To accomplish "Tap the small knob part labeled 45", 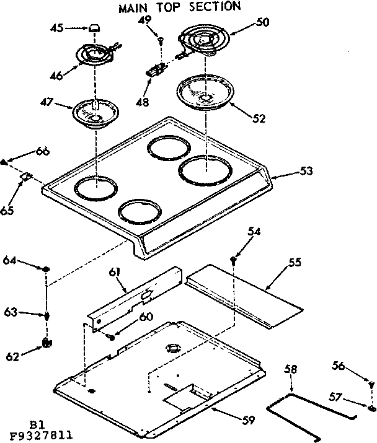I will tap(95, 28).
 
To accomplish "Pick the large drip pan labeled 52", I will tap(203, 93).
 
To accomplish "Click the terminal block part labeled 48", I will tap(155, 70).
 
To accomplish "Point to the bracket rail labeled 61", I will tap(133, 300).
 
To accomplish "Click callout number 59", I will tap(247, 419).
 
